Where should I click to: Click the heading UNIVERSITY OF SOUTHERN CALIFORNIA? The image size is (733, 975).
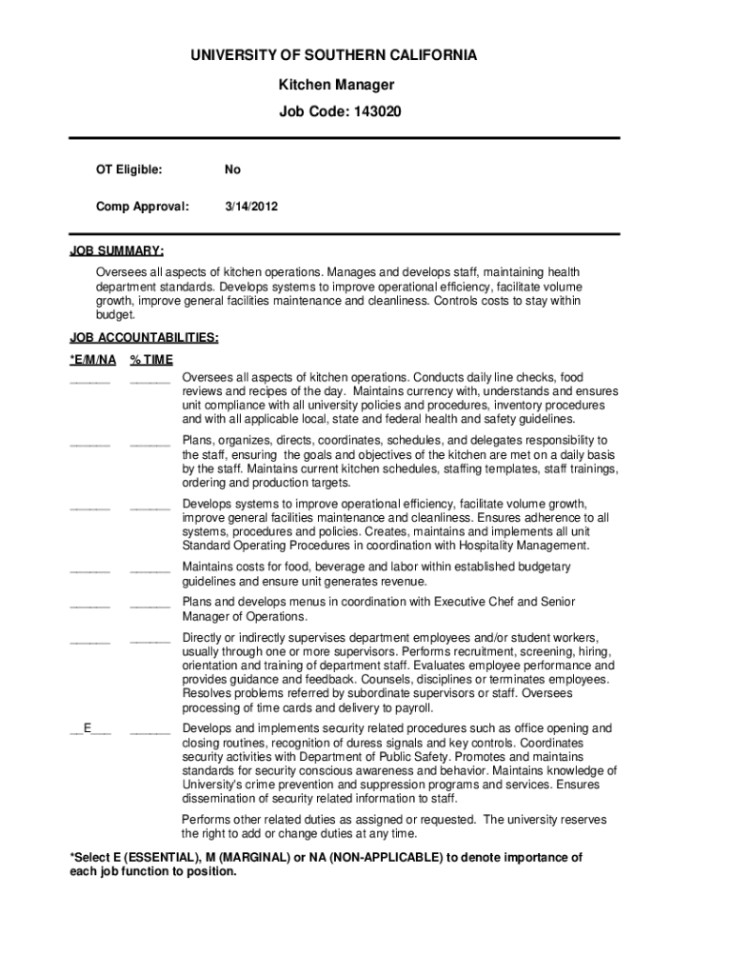pos(347,55)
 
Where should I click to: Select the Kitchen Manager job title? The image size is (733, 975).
pos(336,85)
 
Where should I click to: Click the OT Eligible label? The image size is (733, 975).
pos(129,169)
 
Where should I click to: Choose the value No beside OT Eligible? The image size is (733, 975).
pos(232,169)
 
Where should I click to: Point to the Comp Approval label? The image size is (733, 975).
pos(142,205)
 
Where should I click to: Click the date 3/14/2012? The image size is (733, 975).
pos(251,205)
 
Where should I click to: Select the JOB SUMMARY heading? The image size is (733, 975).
pos(116,251)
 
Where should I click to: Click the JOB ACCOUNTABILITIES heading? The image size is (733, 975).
pos(145,337)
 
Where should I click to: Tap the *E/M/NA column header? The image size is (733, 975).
pos(93,359)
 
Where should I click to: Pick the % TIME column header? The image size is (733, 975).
pos(151,359)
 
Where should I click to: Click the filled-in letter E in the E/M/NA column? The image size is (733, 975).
pos(88,728)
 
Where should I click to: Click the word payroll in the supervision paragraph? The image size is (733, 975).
pos(412,707)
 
